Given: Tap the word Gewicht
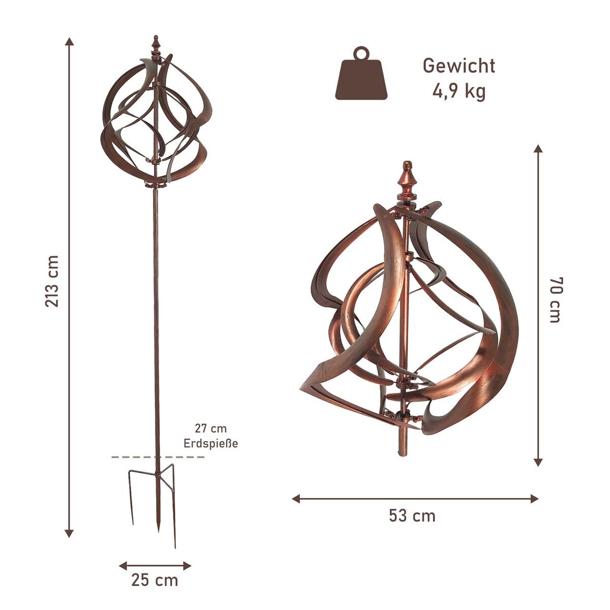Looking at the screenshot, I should (459, 66).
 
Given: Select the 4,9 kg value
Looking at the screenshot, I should (459, 91).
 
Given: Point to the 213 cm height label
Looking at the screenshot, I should (53, 281).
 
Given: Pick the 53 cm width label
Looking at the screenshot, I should (412, 515).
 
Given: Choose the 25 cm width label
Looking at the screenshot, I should (155, 579).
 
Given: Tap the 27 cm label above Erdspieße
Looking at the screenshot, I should (210, 429).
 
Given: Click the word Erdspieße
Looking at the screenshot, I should (210, 443).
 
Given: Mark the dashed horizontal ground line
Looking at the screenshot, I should (158, 457).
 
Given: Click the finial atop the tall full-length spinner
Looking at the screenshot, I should (157, 42).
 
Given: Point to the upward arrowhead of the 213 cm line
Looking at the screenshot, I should (69, 41).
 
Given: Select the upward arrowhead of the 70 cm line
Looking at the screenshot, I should (538, 148).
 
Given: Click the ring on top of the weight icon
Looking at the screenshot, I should (361, 53).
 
